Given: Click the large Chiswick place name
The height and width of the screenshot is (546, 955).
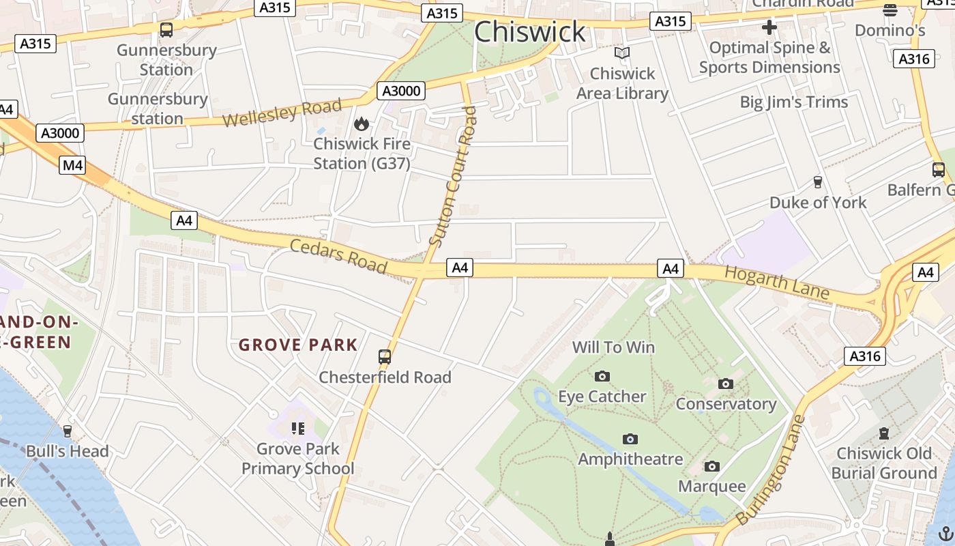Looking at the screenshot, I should point(530,32).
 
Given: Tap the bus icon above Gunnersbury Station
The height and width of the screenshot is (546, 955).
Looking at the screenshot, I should point(166,29).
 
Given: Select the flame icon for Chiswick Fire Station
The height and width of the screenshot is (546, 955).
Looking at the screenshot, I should point(361,124).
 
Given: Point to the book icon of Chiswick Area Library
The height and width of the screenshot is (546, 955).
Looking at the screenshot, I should point(621,53).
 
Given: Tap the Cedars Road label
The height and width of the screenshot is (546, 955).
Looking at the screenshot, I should point(338,255).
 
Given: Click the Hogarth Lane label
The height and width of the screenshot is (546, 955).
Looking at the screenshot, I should point(776,283).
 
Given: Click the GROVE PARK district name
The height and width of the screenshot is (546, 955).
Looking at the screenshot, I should point(298,345).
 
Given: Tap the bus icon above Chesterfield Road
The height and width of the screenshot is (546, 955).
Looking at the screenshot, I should point(385,356).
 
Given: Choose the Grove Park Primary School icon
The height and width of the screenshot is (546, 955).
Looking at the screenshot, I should point(297,429).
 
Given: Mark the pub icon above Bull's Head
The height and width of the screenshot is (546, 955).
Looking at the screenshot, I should point(67,431).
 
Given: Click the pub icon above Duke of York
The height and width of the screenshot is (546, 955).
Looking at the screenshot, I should point(817,182).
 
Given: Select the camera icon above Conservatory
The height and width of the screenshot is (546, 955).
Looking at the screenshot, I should point(726,384).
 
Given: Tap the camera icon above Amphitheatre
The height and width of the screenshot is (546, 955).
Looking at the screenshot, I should point(630,439).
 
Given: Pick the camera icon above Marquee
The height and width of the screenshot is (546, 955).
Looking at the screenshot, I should point(711,466).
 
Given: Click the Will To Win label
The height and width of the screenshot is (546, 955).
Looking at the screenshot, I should point(613,347).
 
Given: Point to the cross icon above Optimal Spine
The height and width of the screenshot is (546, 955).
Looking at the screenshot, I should point(769,27).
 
